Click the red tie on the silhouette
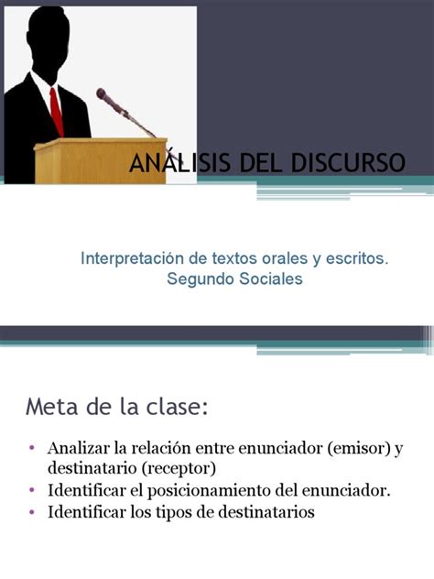(57, 113)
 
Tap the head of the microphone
(103, 95)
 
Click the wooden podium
(101, 160)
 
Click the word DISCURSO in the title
(348, 162)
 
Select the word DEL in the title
(262, 162)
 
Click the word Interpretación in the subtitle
(132, 259)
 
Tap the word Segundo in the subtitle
(200, 279)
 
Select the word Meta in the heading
(51, 407)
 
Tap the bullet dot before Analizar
(32, 448)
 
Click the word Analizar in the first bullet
(78, 448)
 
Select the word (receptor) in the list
(179, 469)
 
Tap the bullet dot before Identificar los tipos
(32, 512)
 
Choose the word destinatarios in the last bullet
(266, 512)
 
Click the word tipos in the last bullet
(171, 513)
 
